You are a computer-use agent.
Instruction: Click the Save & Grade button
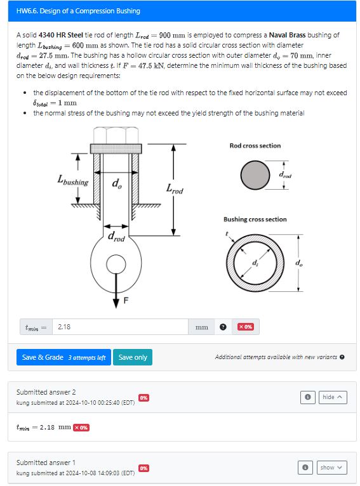[63, 357]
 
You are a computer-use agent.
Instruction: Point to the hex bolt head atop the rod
[116, 135]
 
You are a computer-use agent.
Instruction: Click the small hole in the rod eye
[116, 263]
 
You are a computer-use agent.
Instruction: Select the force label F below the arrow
[125, 301]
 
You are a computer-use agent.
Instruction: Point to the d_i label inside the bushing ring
[255, 262]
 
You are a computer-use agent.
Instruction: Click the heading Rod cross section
[255, 146]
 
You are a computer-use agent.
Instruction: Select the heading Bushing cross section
[255, 220]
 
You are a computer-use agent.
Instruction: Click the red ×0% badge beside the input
[246, 327]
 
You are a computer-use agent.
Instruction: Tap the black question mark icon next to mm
[223, 327]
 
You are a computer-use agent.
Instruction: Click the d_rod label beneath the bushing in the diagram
[116, 237]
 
